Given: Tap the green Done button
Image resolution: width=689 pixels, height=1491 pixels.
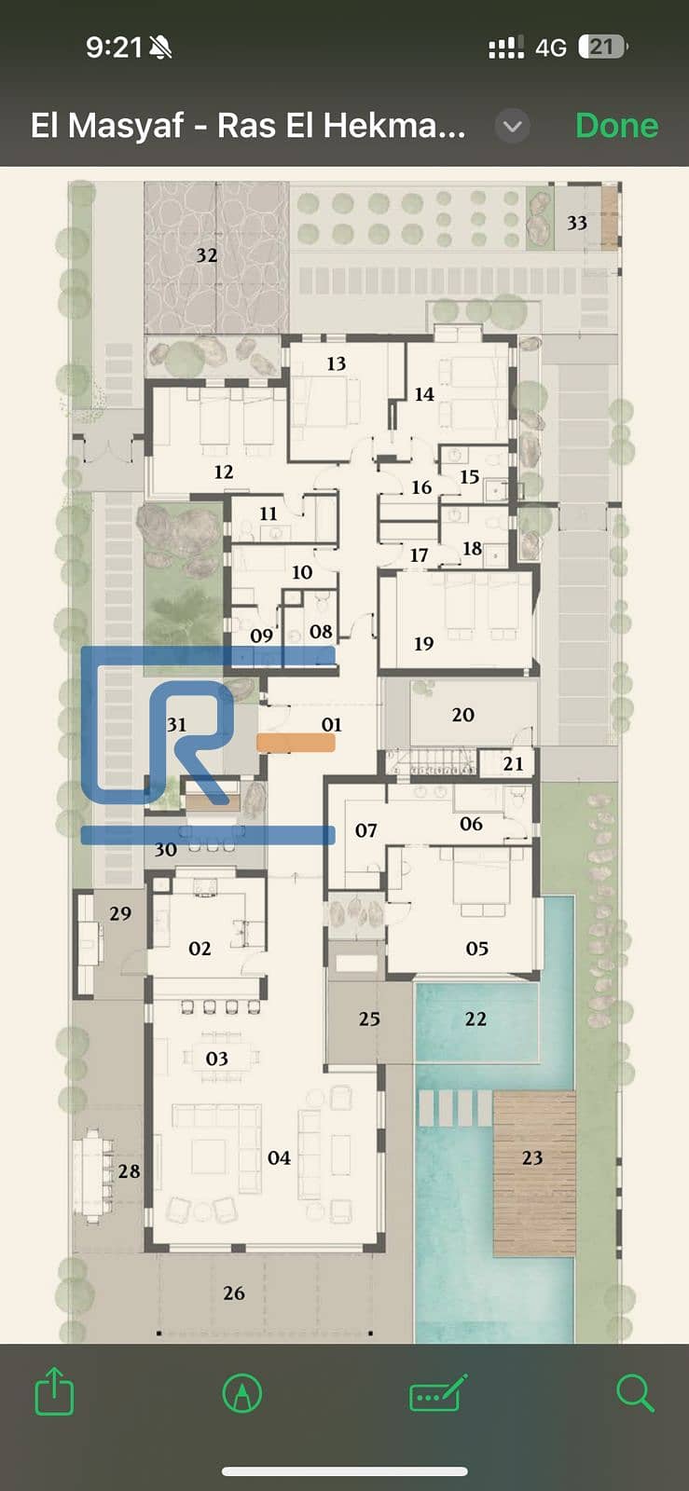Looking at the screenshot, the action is tap(616, 125).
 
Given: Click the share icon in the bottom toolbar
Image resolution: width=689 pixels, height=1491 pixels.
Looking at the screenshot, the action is tap(54, 1389).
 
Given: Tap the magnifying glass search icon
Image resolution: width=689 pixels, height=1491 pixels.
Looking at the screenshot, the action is tap(635, 1392).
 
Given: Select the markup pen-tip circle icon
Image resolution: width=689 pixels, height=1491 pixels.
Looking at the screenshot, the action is tap(242, 1392).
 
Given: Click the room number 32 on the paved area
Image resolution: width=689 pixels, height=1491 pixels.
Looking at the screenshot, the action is tap(206, 255).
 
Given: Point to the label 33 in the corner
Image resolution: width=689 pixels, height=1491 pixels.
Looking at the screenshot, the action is tap(577, 223).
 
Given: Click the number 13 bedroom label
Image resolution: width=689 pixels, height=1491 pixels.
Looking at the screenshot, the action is tap(337, 363).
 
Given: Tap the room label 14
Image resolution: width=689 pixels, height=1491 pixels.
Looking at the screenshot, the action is tap(424, 394).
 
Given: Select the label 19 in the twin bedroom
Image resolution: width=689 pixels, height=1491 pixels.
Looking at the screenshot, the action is tap(423, 643).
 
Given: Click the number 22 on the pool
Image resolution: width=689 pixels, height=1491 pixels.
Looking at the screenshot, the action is tap(475, 1019).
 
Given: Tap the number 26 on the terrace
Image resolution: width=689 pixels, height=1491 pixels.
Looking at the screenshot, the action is tap(234, 1293).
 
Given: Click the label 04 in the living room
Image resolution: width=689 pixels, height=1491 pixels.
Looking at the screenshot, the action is tap(279, 1157).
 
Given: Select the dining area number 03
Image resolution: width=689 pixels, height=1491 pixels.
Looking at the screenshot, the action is tap(217, 1059).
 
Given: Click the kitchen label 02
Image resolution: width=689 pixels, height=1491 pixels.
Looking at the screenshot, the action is tap(200, 948).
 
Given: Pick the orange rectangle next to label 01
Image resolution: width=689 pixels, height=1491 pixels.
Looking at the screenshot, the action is tap(296, 743).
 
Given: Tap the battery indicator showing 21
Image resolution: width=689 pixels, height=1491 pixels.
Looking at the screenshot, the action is tap(602, 47).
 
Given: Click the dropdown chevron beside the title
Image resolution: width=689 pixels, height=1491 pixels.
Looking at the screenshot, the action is tap(513, 126).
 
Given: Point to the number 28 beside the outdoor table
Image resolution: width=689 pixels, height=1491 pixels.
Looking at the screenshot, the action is tap(130, 1170).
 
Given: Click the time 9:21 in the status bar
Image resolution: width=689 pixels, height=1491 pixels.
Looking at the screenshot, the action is tap(114, 48).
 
